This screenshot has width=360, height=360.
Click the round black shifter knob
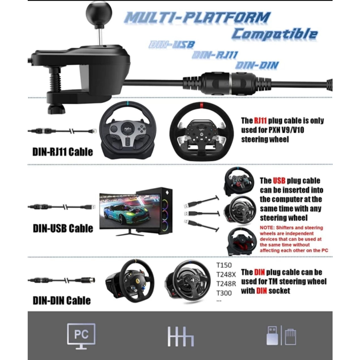99,13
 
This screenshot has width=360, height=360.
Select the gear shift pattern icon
180,336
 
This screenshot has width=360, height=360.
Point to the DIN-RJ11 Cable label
63,152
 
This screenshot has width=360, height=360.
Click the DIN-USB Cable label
63,228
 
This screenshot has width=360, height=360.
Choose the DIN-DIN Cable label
62,301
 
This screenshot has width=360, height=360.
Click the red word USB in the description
277,181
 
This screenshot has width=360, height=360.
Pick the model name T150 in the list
224,265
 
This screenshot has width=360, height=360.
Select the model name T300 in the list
224,293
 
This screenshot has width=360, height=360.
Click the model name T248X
226,275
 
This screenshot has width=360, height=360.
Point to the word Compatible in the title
274,34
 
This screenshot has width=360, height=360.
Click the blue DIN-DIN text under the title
257,65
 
